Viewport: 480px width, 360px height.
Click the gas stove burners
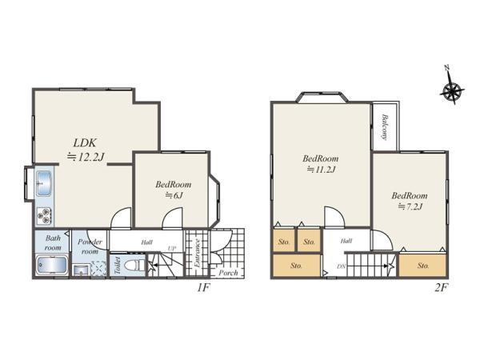[x=43, y=215]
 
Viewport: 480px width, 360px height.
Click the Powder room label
[x=88, y=246]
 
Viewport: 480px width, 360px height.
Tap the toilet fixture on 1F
[x=138, y=264]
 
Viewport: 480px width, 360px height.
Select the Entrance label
[x=195, y=253]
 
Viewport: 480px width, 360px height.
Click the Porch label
[x=228, y=272]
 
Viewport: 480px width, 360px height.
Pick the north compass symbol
[x=452, y=90]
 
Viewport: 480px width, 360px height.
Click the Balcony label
[x=386, y=127]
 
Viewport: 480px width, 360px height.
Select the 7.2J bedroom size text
[x=410, y=207]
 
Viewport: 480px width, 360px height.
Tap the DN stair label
[x=340, y=266]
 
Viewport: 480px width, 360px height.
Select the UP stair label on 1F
[x=172, y=248]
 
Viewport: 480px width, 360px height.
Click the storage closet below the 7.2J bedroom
[x=422, y=265]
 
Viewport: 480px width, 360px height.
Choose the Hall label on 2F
[x=346, y=240]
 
